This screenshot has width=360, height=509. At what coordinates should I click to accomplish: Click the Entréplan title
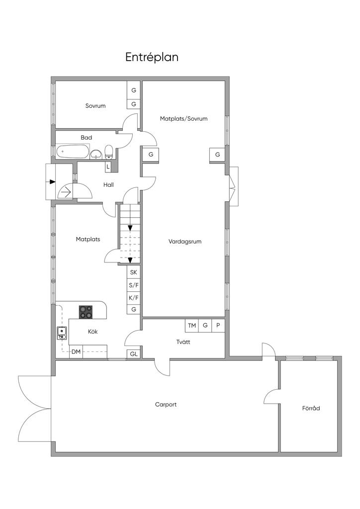[x=152, y=57]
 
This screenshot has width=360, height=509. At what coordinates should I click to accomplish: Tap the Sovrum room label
[x=95, y=106]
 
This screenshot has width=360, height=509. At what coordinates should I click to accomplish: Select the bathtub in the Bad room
[x=72, y=152]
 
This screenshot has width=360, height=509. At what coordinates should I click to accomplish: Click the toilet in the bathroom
[x=109, y=152]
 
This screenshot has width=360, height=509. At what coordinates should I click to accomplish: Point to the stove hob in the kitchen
[x=86, y=312]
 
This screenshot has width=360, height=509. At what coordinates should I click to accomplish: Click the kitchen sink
[x=62, y=333]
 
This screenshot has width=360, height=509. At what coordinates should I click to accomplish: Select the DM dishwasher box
[x=76, y=352]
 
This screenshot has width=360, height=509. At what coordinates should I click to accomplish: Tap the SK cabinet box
[x=133, y=272]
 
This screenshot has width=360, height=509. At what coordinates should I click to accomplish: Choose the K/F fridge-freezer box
[x=133, y=297]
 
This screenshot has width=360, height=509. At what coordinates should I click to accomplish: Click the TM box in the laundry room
[x=192, y=325]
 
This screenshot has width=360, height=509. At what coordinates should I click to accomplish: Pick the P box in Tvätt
[x=218, y=325]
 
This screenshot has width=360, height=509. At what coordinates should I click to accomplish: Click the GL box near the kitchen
[x=133, y=354]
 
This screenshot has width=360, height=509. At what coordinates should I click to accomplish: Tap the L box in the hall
[x=108, y=167]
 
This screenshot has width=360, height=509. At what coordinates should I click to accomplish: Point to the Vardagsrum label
[x=184, y=242]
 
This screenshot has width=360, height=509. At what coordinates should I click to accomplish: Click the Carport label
[x=166, y=405]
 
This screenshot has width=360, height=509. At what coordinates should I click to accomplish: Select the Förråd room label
[x=311, y=408]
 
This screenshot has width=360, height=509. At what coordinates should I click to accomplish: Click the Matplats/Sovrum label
[x=184, y=119]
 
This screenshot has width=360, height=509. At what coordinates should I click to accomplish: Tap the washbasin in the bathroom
[x=95, y=154]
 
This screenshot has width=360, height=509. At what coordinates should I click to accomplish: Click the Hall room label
[x=109, y=185]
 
